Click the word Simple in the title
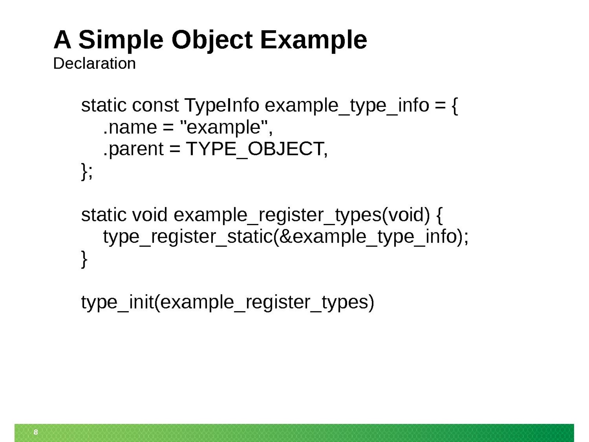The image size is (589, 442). [x=120, y=40]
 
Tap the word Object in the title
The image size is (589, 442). [x=212, y=40]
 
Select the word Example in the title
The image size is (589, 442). [x=313, y=40]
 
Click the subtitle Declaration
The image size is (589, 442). [x=95, y=64]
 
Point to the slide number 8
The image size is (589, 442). [x=36, y=432]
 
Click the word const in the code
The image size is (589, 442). [x=155, y=105]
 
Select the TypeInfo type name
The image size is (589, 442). [x=222, y=105]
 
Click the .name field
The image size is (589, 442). [x=130, y=127]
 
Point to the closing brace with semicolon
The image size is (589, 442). [x=87, y=172]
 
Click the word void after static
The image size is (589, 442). [x=150, y=215]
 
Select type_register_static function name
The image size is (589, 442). [x=188, y=237]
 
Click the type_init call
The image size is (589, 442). [x=228, y=302]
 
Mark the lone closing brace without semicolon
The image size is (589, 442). [x=84, y=259]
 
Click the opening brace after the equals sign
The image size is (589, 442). [x=455, y=106]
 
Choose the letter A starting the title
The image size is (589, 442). [x=63, y=40]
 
